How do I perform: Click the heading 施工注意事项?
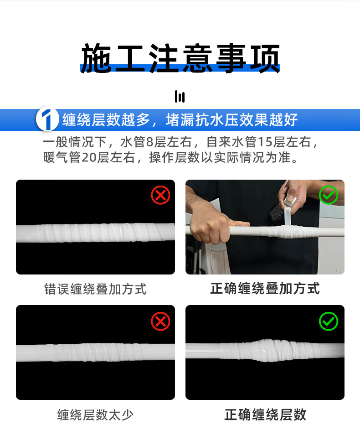[180, 58]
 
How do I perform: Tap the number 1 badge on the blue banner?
[47, 119]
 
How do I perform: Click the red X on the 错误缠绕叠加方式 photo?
[160, 195]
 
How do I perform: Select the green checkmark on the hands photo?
[329, 195]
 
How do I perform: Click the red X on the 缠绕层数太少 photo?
[160, 321]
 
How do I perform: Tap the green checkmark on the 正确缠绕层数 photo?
[329, 321]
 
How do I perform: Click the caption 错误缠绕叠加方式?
[95, 289]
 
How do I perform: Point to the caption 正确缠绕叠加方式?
[265, 289]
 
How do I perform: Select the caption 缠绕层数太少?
[95, 415]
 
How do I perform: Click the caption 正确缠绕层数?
[265, 415]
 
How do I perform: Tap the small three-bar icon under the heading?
[180, 97]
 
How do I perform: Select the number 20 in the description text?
[89, 157]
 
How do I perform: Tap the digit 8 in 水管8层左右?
[150, 142]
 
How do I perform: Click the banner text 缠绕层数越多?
[106, 120]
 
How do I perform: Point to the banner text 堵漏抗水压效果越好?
[231, 120]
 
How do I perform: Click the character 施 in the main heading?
[96, 58]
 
